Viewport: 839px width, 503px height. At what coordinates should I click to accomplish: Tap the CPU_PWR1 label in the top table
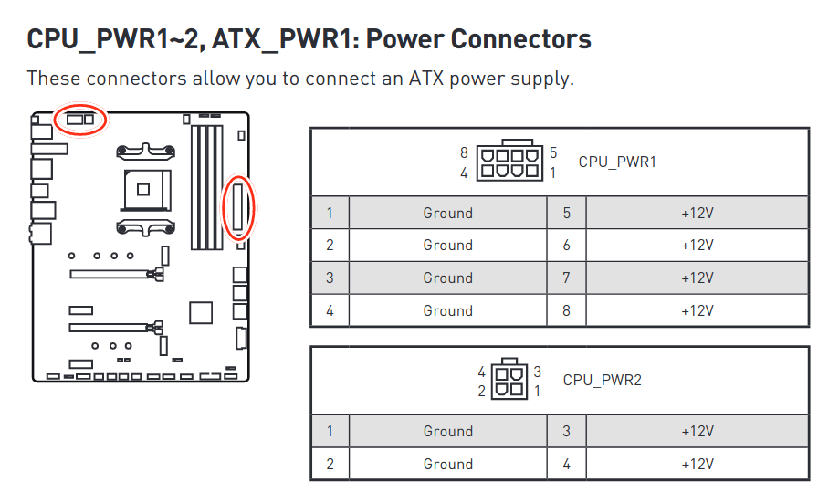(617, 162)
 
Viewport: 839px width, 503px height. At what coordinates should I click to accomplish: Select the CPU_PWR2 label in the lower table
(602, 380)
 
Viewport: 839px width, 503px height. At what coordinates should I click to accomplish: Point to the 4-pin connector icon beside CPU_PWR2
(509, 380)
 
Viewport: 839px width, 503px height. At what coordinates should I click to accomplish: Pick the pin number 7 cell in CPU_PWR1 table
(566, 278)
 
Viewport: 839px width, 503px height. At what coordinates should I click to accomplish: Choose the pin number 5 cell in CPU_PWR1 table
(566, 213)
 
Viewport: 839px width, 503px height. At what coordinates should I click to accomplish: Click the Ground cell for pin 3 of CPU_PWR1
(447, 278)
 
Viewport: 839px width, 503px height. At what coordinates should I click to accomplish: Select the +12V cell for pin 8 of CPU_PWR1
(697, 310)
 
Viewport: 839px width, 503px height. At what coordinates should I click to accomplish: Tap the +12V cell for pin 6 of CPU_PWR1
(697, 245)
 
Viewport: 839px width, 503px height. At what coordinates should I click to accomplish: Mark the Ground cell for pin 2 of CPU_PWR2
(447, 464)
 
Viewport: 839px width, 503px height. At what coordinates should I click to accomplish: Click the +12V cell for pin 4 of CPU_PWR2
(697, 464)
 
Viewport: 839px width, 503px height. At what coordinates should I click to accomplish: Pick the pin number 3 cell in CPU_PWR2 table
(566, 431)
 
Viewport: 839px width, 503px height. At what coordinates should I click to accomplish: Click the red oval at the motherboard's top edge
(79, 119)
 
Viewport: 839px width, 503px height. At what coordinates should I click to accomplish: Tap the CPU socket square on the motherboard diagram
(143, 189)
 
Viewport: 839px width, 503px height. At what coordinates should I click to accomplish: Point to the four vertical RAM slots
(207, 186)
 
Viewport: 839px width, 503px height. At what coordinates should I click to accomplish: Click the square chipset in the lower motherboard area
(199, 312)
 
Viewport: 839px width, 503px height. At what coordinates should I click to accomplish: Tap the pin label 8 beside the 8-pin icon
(464, 153)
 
